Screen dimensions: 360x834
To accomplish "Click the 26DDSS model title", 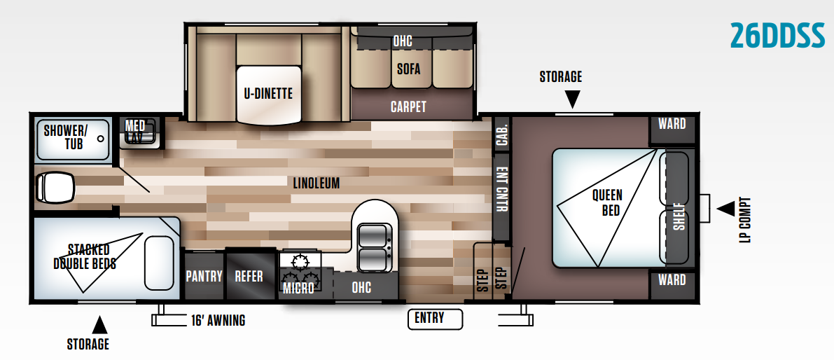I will coord(777,36).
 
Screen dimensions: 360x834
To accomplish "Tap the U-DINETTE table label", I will coord(268,94).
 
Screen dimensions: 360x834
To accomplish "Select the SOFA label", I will coord(408,69).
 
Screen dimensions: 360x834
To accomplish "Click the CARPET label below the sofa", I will coord(408,107).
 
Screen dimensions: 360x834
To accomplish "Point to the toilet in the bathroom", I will coord(54,187).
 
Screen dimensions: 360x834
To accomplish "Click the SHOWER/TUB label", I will coord(66,137).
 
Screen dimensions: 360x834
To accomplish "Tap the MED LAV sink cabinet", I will coord(137,131).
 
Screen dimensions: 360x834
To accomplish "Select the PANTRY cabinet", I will coord(204,277).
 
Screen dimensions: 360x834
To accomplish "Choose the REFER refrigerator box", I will coord(249,277).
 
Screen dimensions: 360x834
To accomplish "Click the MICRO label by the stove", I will coord(298,288).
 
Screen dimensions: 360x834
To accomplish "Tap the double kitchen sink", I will coord(375,247).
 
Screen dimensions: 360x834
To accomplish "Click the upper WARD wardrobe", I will coord(672,125).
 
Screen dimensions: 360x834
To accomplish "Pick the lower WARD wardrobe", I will coord(672,281).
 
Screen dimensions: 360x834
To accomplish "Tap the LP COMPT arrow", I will coord(725,208).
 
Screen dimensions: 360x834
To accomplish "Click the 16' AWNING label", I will coord(218,321).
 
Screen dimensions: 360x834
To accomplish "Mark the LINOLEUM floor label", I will coord(317,184).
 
